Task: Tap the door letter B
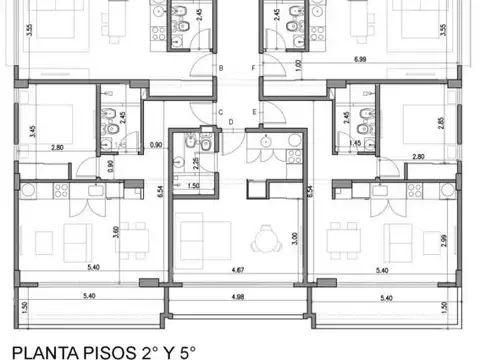coord(221,69)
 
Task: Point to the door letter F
coord(256,69)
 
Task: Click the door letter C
coord(220,113)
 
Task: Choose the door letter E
coord(256,112)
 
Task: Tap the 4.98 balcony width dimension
coord(237,297)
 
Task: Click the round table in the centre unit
coord(264,239)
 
